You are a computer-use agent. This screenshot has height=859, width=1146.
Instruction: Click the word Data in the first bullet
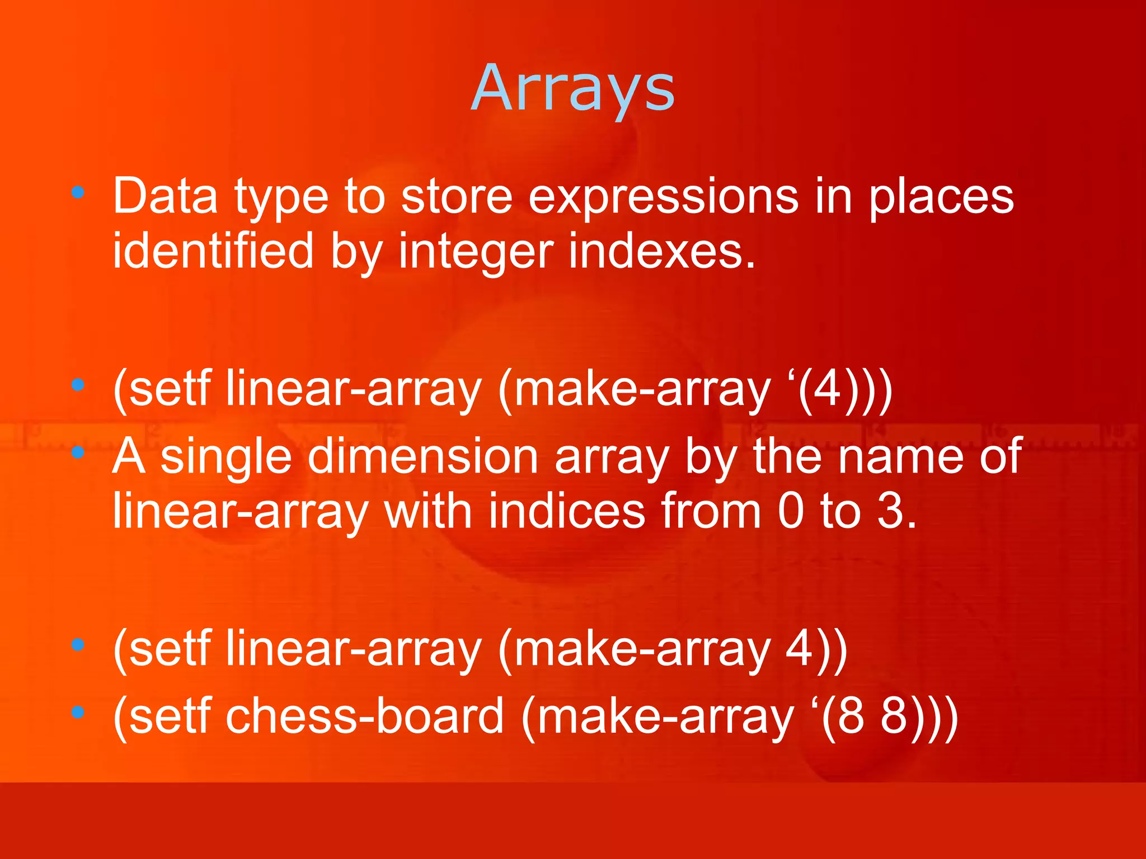click(165, 196)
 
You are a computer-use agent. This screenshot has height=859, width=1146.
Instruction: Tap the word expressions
click(663, 196)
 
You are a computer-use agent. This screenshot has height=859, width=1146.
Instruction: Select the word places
click(941, 196)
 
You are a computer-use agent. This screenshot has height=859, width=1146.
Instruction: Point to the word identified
click(213, 251)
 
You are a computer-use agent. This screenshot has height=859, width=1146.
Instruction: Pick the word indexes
click(661, 251)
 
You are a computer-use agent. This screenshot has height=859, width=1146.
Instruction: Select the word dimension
click(423, 456)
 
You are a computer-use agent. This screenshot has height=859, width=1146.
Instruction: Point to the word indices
click(567, 511)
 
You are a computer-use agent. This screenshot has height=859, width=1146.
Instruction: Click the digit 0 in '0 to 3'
click(791, 511)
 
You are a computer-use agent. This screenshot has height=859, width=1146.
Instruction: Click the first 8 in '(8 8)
click(851, 716)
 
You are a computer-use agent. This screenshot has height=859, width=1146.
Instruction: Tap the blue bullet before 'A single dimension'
click(78, 451)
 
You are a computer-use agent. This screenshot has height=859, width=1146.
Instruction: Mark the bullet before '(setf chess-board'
click(78, 712)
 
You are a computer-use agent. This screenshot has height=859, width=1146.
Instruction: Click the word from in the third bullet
click(711, 511)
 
